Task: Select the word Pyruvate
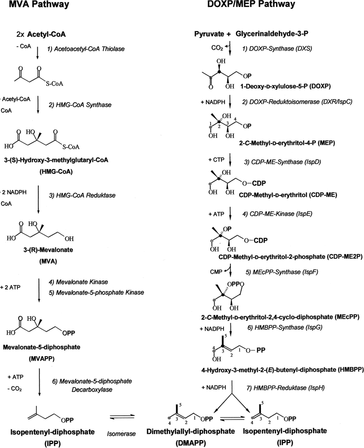click(x=208, y=35)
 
